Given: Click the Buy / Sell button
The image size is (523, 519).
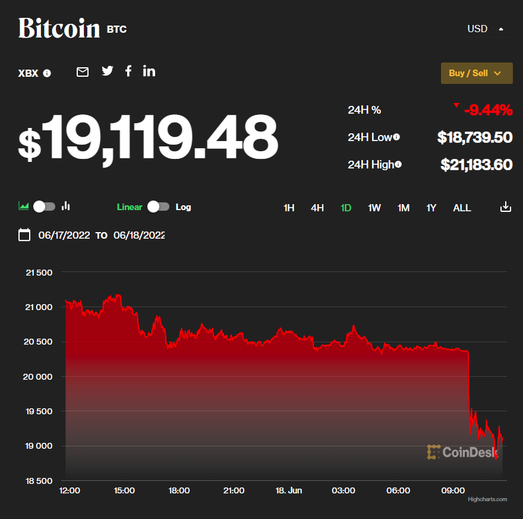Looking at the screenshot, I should [476, 73].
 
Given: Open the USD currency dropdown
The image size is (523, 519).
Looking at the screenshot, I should [486, 29].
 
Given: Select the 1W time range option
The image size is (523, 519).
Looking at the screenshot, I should [374, 208].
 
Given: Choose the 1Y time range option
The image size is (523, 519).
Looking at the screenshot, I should [431, 208].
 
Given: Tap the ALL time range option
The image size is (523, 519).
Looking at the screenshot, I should [462, 208].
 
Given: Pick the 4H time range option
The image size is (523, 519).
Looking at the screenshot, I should [317, 208].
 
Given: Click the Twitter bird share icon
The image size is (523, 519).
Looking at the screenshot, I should [107, 71].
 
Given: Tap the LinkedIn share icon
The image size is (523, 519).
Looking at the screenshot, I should [149, 71].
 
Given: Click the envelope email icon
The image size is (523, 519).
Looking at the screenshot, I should [83, 72].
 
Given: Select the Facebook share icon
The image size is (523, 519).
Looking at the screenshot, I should [128, 71].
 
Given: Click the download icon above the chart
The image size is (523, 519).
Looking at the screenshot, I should [505, 207].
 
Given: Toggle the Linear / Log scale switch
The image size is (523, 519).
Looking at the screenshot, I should [158, 207].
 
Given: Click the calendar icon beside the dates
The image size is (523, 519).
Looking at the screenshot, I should [24, 235].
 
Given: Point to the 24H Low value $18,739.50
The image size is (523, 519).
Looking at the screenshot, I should [475, 137].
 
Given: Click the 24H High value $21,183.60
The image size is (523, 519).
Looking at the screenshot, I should [476, 165].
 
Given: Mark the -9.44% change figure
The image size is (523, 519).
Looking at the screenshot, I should [488, 110].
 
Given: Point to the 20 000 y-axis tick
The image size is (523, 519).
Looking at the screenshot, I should [38, 377].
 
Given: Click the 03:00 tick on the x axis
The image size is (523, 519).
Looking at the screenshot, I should [343, 490].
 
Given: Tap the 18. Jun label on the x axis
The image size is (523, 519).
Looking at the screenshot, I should [288, 490].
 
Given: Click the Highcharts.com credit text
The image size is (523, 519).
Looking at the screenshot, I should [487, 499].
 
